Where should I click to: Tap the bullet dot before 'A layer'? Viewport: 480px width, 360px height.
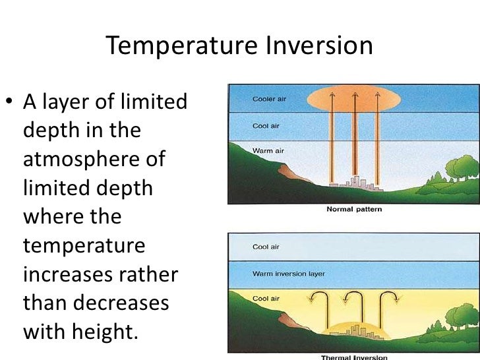click(x=11, y=104)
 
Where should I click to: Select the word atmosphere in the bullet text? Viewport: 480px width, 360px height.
click(x=94, y=160)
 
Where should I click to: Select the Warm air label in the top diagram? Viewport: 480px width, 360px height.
click(x=268, y=151)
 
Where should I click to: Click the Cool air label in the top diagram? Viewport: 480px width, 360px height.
click(x=266, y=125)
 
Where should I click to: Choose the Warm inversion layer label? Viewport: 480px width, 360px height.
click(x=288, y=272)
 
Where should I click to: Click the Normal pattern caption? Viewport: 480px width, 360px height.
click(x=354, y=210)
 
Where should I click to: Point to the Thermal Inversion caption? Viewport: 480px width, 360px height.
click(x=353, y=357)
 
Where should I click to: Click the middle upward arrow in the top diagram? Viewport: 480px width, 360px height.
click(x=355, y=138)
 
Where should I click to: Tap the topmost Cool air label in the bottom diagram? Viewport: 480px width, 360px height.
click(x=266, y=247)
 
